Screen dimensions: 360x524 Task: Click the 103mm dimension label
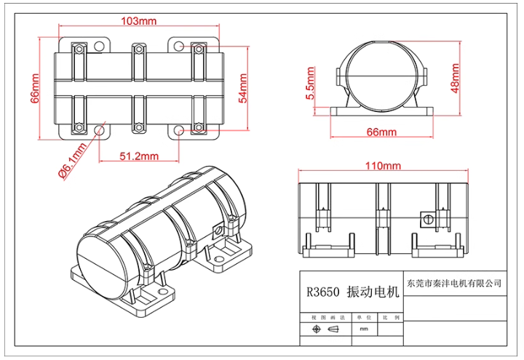point(138,21)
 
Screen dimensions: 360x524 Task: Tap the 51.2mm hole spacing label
point(138,156)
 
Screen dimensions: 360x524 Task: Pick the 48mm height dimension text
point(456,74)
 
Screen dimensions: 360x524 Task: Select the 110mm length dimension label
point(383,166)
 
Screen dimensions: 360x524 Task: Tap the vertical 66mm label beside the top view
point(35,88)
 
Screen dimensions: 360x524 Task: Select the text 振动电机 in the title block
point(373,293)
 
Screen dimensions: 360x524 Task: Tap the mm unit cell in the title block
point(363,329)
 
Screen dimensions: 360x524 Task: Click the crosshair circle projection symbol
point(316,329)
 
